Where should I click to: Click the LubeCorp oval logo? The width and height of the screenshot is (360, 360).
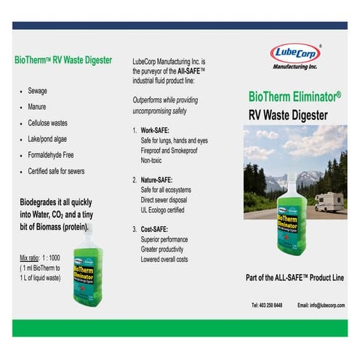(x=295, y=52)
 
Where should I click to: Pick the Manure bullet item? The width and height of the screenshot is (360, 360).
(x=38, y=107)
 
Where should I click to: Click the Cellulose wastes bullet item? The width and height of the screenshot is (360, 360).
(x=49, y=123)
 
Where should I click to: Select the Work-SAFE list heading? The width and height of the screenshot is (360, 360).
(x=155, y=130)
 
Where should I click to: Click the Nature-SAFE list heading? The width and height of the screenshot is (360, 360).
(x=158, y=179)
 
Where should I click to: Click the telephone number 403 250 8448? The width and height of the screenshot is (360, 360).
(x=266, y=305)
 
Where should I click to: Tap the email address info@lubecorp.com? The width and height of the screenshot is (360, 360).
(x=321, y=305)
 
